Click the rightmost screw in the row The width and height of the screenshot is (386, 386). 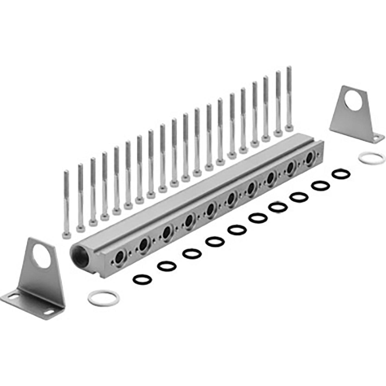[x=289, y=98]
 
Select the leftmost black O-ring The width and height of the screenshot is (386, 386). [x=142, y=279]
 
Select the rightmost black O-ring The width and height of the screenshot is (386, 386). [x=341, y=174]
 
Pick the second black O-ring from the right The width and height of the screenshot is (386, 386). [x=320, y=186]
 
